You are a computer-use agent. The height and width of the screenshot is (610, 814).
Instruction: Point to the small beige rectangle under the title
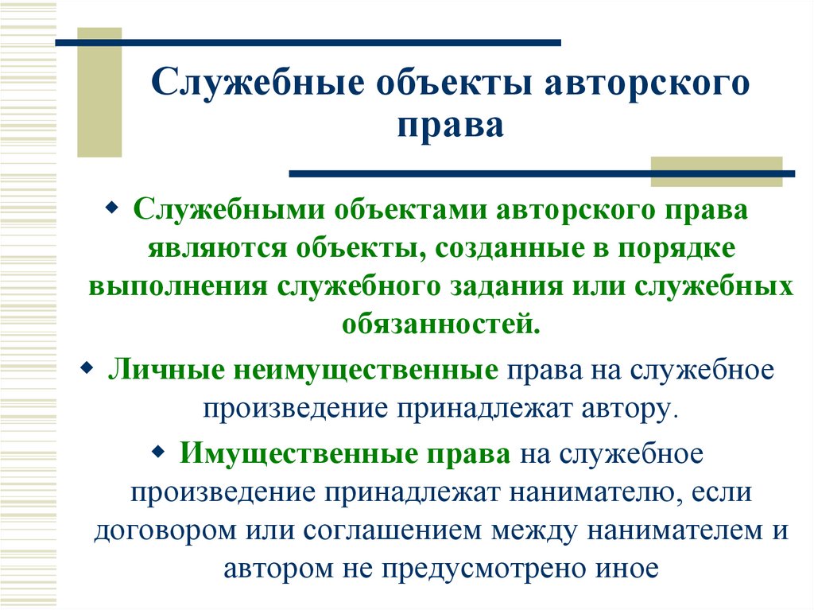point(716,172)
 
